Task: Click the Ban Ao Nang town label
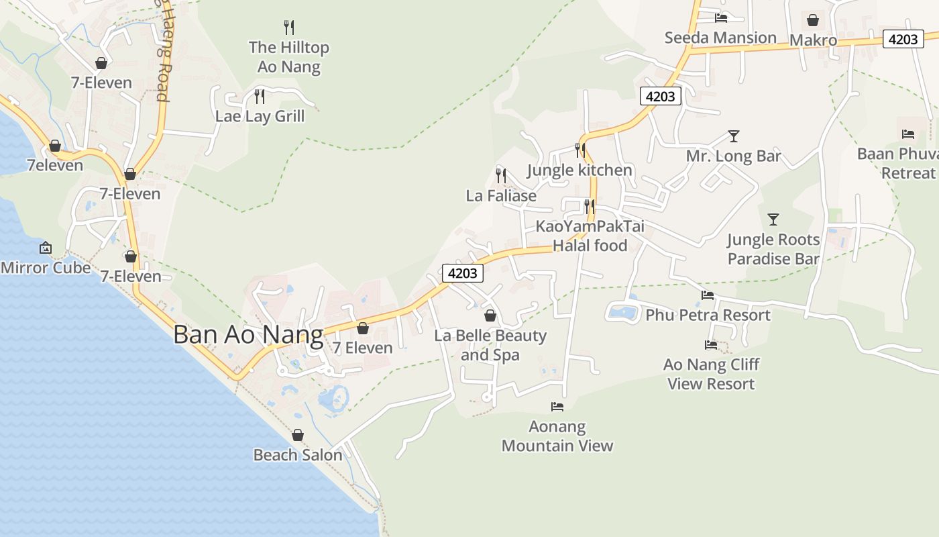pos(248,334)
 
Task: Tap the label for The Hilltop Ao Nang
pos(289,57)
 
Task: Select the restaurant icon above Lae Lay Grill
pos(260,97)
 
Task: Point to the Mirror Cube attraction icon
pos(46,248)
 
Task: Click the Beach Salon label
pos(298,455)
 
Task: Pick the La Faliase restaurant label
pos(501,196)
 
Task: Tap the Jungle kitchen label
pos(579,170)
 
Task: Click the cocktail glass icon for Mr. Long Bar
pos(734,136)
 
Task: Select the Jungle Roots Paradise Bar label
pos(773,249)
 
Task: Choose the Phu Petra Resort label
pos(708,315)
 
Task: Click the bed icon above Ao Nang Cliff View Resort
pos(711,345)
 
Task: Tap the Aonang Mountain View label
pos(557,436)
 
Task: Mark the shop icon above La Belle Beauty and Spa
pos(490,315)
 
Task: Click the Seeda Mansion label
pos(720,38)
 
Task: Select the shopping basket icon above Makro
pos(813,20)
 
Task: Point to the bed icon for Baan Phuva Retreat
pos(908,134)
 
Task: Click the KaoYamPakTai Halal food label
pos(590,236)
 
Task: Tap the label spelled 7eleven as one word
pos(55,165)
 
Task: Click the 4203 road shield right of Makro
pos(902,39)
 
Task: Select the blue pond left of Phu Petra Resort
pos(623,312)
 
